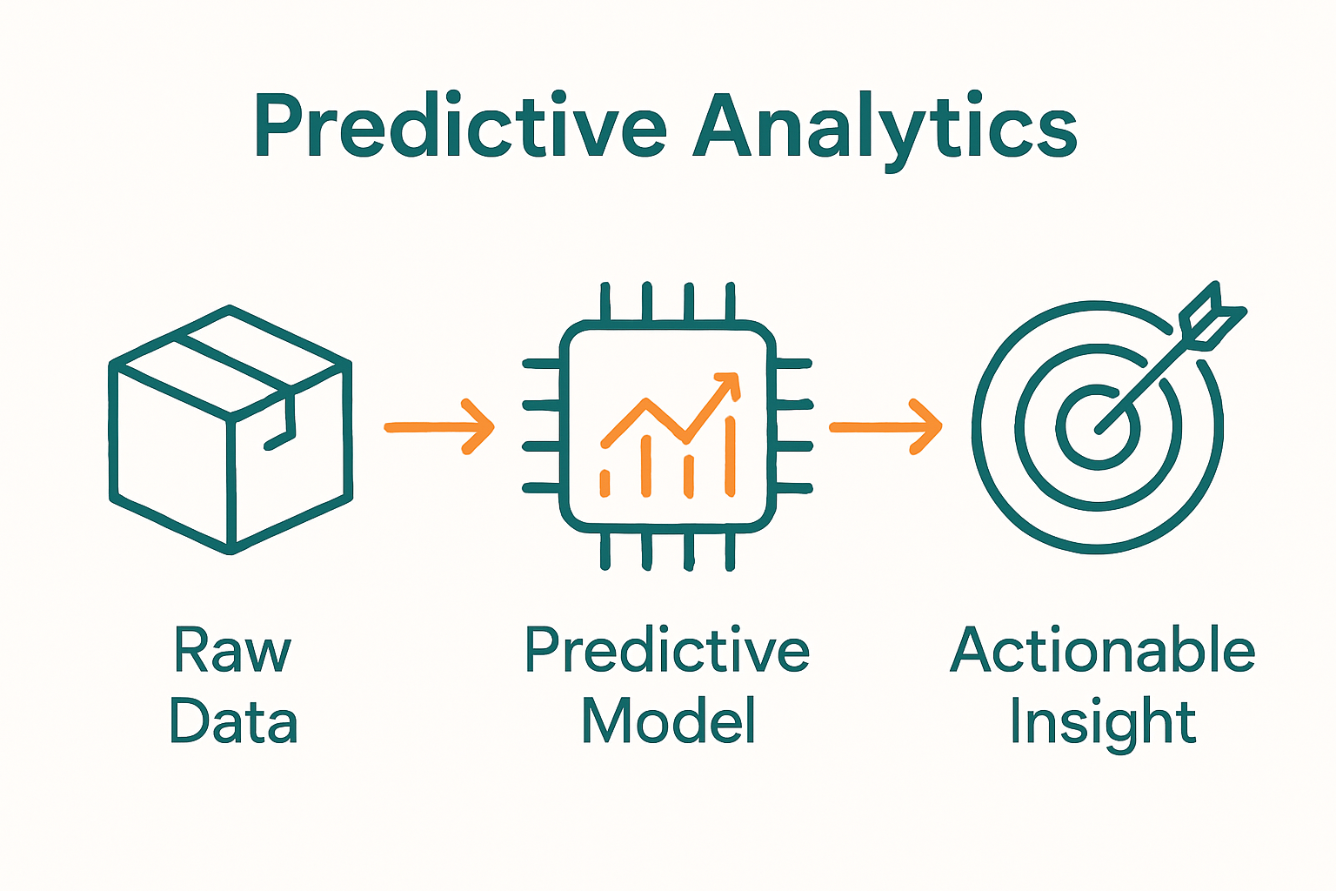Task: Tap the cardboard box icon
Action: [x=230, y=431]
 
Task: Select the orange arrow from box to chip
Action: [x=439, y=426]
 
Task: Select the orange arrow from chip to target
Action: [x=885, y=426]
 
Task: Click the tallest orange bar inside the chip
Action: [x=730, y=457]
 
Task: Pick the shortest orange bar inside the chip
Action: [x=605, y=483]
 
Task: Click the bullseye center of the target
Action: [x=1098, y=426]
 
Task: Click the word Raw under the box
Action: [x=231, y=650]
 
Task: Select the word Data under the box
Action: [x=233, y=721]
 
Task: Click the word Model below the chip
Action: [x=668, y=721]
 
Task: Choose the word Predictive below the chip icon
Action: [x=667, y=650]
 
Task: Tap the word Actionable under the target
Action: [x=1102, y=650]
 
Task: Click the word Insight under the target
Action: [x=1102, y=721]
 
